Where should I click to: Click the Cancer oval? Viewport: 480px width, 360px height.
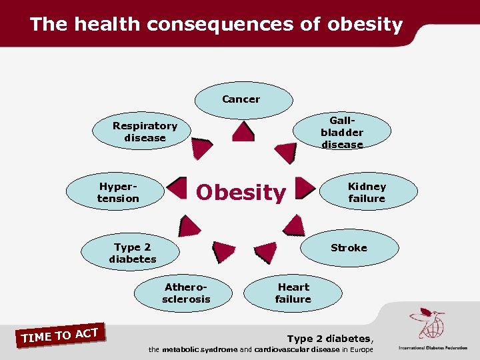point(243,99)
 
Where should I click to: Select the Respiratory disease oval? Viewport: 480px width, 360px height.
point(145,131)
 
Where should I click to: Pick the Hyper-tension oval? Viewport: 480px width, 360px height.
point(117,193)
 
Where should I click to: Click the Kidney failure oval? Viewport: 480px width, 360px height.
point(367,192)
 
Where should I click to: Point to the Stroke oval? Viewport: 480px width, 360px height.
point(348,248)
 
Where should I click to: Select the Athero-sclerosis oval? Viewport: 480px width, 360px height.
point(185,293)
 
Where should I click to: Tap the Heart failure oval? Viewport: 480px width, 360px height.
point(293,293)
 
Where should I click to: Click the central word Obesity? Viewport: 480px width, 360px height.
point(241,193)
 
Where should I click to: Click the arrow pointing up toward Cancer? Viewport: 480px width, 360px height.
point(243,131)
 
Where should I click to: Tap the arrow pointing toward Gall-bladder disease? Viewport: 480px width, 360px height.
point(285,153)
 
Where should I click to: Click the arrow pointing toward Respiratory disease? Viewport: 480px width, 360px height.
point(201,148)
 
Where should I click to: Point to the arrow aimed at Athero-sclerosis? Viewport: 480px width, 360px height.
point(223,251)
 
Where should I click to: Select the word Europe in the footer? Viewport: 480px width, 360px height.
point(358,350)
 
